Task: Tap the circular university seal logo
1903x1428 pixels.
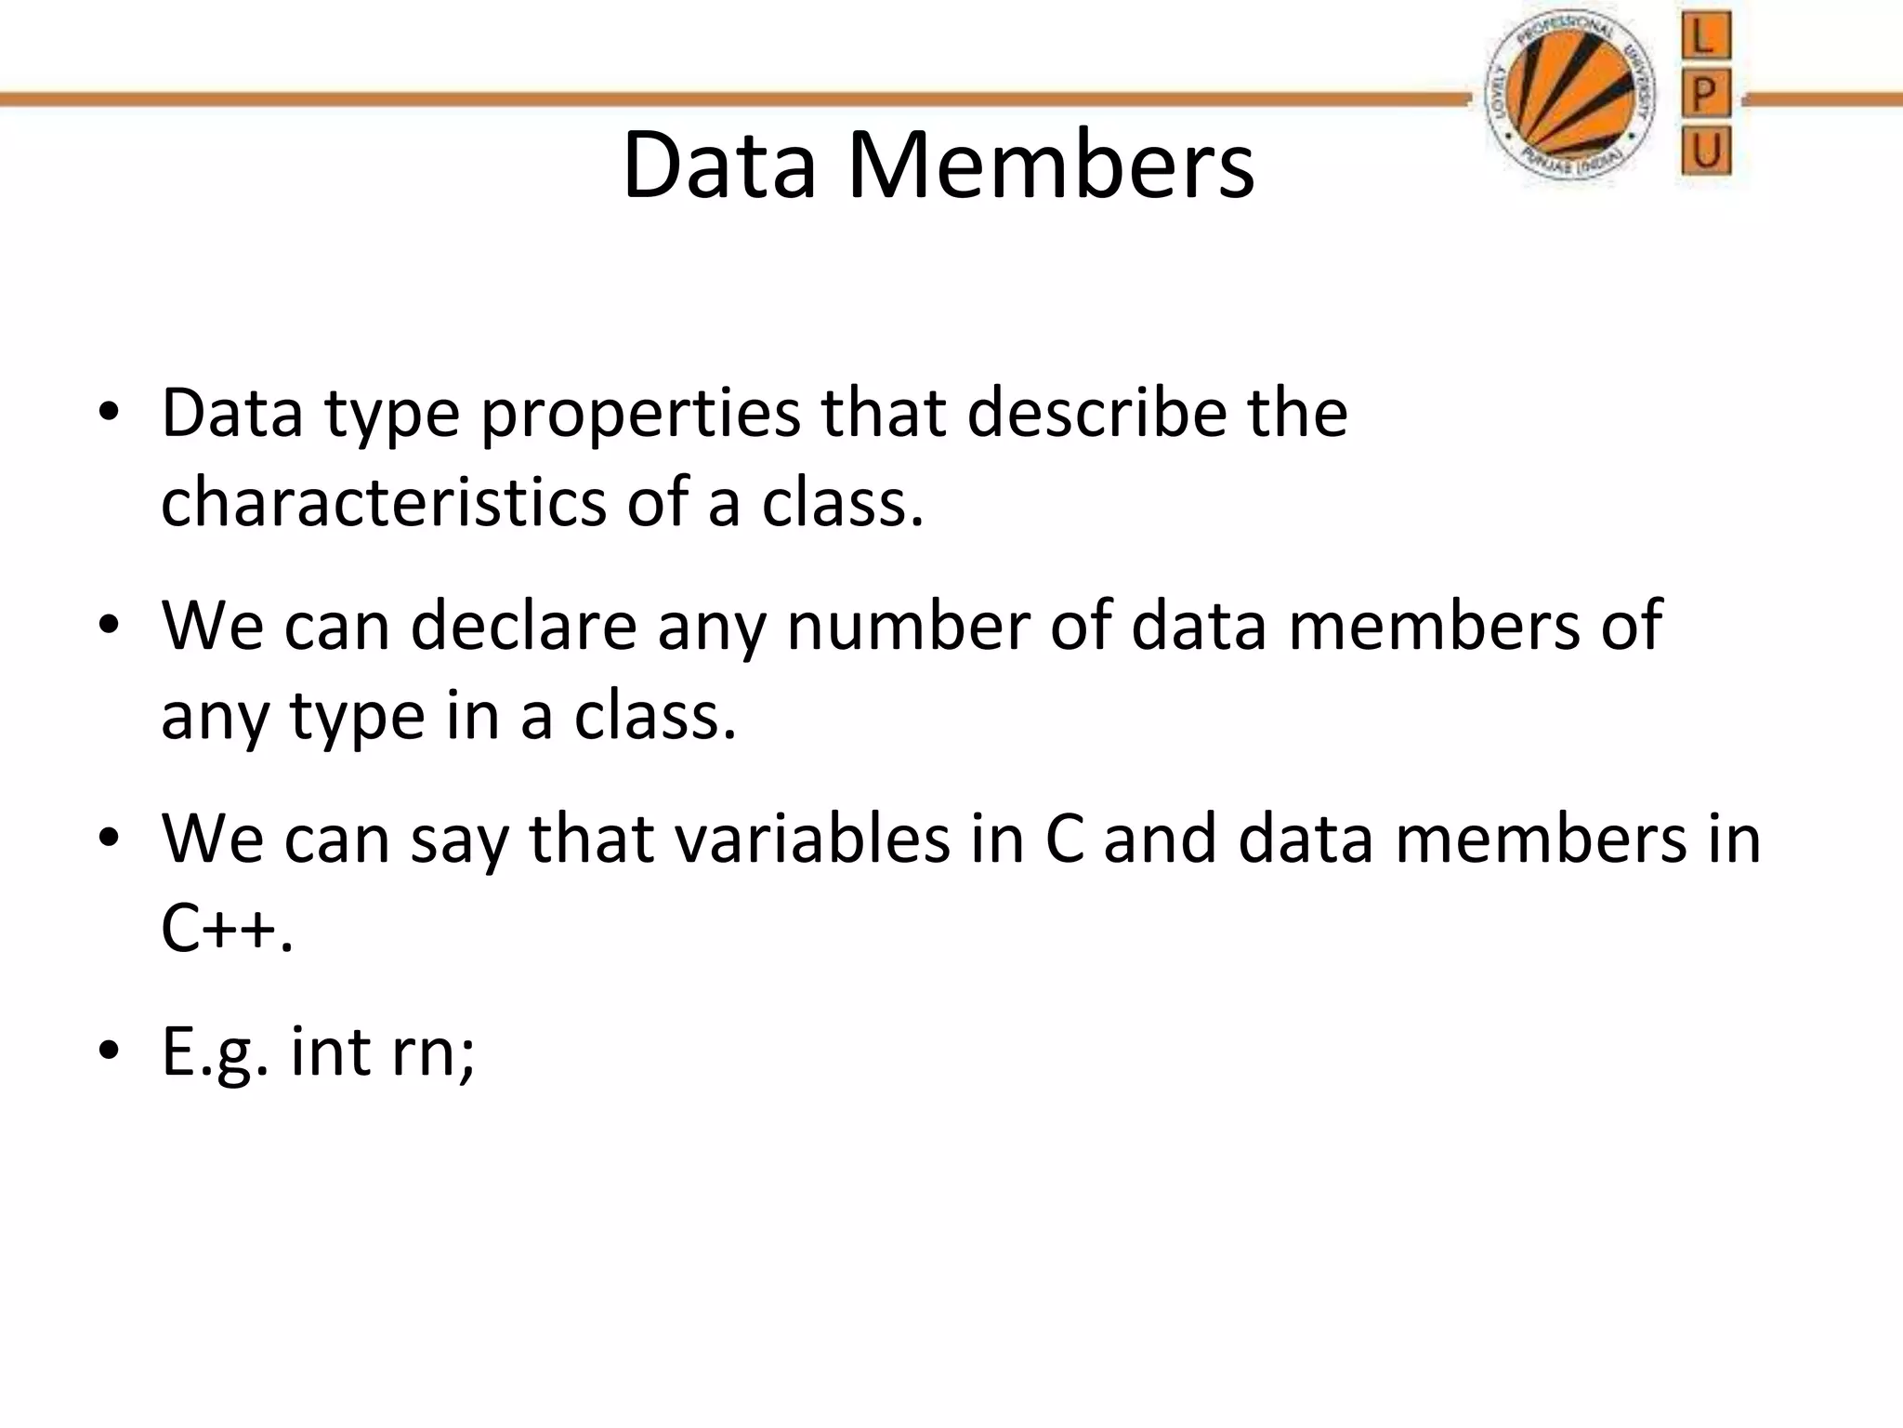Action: (x=1570, y=100)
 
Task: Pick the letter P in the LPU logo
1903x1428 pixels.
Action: (x=1705, y=95)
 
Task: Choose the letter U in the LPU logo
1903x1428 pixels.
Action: (x=1705, y=152)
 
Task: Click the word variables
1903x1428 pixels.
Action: (x=812, y=839)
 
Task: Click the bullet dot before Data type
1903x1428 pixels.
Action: (x=109, y=414)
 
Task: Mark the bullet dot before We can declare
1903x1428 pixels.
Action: (x=109, y=626)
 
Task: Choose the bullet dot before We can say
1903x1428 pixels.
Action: (x=109, y=839)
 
